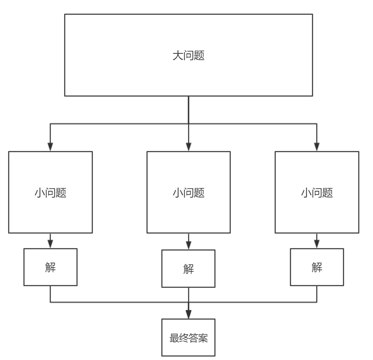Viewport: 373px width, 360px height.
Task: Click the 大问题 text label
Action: [188, 56]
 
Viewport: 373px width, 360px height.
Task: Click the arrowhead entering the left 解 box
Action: [50, 244]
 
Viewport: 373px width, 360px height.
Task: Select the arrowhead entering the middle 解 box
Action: [188, 245]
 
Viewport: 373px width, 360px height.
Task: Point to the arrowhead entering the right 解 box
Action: [317, 244]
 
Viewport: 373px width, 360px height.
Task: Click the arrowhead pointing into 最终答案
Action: [188, 314]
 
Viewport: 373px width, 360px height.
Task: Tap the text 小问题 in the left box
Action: [50, 193]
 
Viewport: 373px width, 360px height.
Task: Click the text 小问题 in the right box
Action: [317, 193]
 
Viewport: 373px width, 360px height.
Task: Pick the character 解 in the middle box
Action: [188, 269]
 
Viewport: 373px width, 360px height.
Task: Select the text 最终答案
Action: [188, 338]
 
